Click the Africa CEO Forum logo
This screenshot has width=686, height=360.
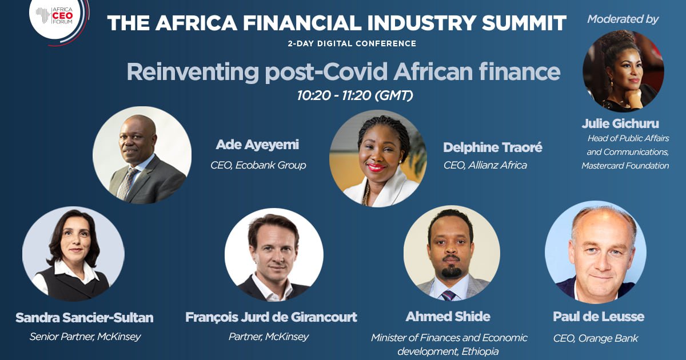point(59,19)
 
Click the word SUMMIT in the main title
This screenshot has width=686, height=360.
point(524,23)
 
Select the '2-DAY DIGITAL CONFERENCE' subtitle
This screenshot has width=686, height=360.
point(352,43)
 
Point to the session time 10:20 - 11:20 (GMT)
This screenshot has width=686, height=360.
point(355,95)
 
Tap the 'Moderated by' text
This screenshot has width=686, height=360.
point(623,19)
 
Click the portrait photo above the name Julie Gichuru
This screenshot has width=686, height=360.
point(624,71)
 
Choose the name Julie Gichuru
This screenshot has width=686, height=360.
point(620,123)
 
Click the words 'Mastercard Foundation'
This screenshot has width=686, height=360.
point(625,166)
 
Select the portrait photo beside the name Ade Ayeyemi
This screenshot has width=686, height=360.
point(142,155)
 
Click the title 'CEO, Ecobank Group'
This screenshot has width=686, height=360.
point(258,165)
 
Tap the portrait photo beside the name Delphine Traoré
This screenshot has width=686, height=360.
point(378,159)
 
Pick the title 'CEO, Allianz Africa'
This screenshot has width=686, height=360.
point(485,165)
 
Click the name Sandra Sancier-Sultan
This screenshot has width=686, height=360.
point(85,318)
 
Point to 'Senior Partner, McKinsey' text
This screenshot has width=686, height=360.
point(85,337)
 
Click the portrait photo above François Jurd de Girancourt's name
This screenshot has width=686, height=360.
point(274,255)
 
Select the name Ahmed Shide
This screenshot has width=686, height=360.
point(448,317)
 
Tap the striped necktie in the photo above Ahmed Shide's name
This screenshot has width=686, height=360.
point(449,296)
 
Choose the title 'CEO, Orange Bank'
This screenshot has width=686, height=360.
point(596,338)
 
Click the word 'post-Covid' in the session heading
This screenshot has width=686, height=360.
point(326,72)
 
